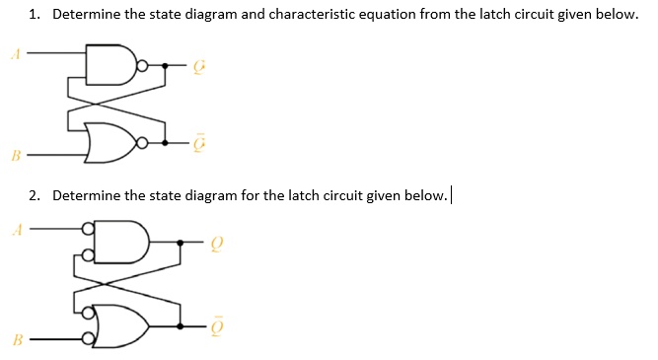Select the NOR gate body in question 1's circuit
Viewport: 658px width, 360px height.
[110, 142]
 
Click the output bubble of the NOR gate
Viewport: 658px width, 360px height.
[143, 144]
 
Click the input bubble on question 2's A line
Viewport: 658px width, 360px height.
[89, 231]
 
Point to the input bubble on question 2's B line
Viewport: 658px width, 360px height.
[89, 340]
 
